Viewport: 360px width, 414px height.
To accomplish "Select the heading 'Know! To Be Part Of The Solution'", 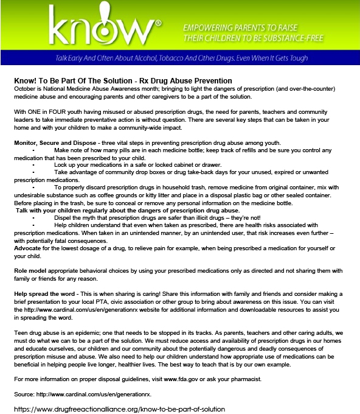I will click(122, 80).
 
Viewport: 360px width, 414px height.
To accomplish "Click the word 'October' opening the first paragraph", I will click(25, 88).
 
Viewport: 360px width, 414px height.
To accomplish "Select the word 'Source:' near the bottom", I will click(25, 394).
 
